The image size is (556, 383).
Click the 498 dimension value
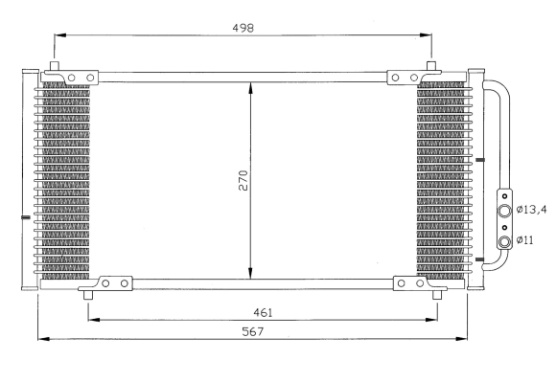243,28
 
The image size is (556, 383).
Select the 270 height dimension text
243,181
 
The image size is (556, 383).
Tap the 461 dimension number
263,312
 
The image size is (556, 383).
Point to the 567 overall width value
253,331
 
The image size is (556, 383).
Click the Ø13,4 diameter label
531,210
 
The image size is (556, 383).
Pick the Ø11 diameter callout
524,240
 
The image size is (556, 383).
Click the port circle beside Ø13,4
504,211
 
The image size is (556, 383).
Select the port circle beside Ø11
504,242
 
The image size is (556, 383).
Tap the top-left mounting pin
55,66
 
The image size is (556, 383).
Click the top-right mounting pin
431,66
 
